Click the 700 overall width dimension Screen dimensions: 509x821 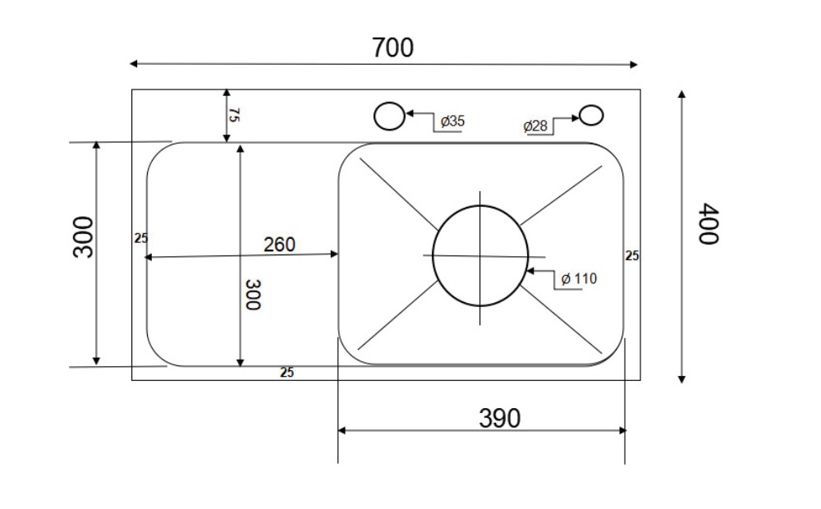pos(392,48)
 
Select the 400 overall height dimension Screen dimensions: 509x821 pos(709,223)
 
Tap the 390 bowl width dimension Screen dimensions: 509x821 pos(499,418)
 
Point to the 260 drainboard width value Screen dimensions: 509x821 pos(279,245)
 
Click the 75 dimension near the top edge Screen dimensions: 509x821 pos(233,115)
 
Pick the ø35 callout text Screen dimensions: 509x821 pos(452,122)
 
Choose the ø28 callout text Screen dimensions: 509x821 pos(535,126)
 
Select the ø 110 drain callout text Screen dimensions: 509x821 pos(579,278)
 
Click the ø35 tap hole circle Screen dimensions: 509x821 pos(389,117)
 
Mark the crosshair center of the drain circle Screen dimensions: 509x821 pos(479,255)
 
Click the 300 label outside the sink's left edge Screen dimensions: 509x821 pos(84,236)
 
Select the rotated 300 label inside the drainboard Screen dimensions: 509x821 pos(253,294)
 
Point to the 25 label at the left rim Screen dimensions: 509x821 pos(140,238)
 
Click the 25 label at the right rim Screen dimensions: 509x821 pos(632,255)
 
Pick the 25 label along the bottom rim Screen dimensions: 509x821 pos(287,373)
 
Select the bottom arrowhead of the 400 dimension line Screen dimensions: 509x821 pos(681,378)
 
